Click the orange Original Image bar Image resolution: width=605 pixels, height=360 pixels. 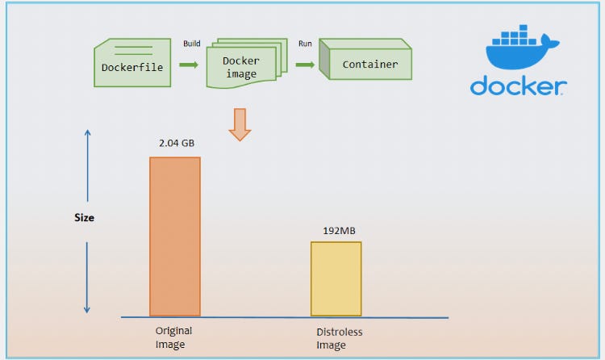pyautogui.click(x=175, y=236)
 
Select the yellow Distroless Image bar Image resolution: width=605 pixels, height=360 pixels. pyautogui.click(x=336, y=278)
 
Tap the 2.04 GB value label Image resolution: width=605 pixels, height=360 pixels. pyautogui.click(x=176, y=143)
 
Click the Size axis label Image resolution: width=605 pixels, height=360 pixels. pyautogui.click(x=84, y=217)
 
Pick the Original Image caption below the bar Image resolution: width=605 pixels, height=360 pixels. pyautogui.click(x=173, y=337)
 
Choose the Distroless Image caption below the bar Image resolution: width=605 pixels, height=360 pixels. pyautogui.click(x=339, y=339)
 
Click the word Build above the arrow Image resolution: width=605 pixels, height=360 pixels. pyautogui.click(x=191, y=44)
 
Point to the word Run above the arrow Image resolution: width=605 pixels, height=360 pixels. pyautogui.click(x=305, y=44)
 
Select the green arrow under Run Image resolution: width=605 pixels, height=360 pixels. pyautogui.click(x=305, y=64)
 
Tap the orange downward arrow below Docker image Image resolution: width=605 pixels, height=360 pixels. pyautogui.click(x=240, y=123)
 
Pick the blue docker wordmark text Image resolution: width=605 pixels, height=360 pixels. pyautogui.click(x=519, y=86)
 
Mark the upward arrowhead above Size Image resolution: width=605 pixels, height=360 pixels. pyautogui.click(x=87, y=134)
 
